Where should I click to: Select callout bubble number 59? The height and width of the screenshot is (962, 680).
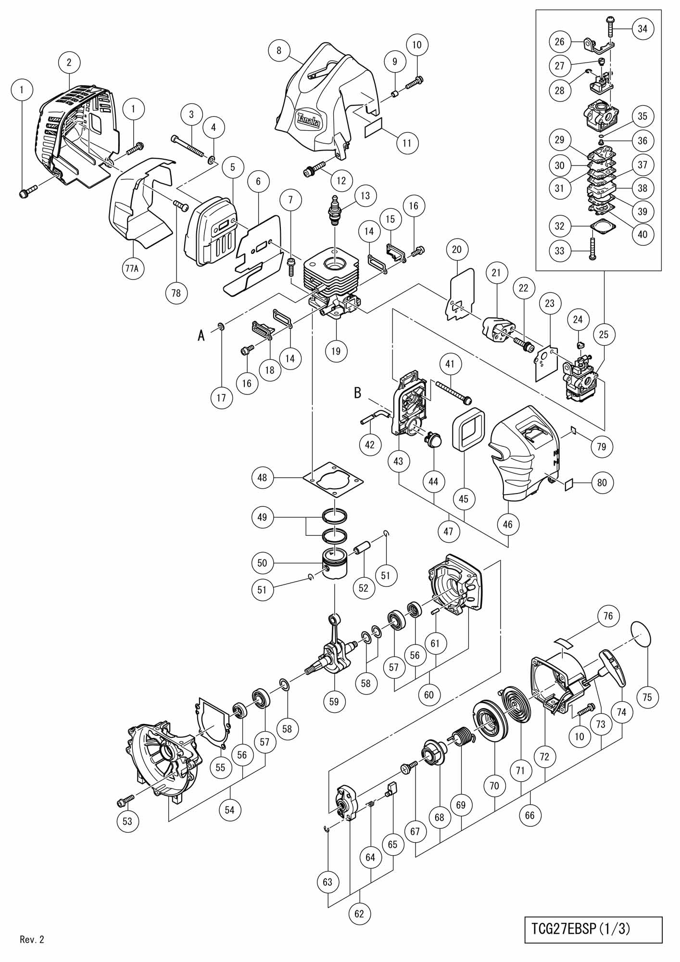[334, 701]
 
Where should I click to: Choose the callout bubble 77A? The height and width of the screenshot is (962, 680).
[132, 268]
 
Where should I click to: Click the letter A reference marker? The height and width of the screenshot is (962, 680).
[201, 335]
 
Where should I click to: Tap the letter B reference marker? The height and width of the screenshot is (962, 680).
[357, 393]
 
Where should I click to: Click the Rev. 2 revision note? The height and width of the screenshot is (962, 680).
[32, 939]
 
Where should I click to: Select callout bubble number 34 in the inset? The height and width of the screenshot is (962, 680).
[642, 28]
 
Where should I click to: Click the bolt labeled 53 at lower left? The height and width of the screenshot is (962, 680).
[124, 801]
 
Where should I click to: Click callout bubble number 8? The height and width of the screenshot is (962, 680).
[279, 50]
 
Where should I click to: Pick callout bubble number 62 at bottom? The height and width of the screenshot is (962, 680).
[359, 913]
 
